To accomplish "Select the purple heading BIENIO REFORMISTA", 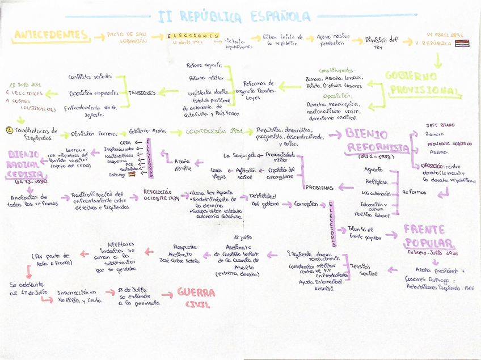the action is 377,141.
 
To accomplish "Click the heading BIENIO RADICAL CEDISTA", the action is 24,164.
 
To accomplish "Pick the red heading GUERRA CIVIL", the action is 196,298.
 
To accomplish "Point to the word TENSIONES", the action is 142,92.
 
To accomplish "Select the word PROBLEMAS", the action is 320,187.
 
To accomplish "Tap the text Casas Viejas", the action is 218,173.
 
